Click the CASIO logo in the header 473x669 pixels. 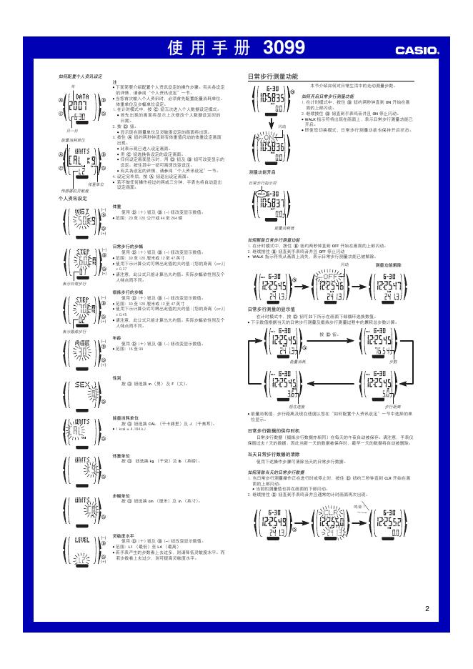pos(417,50)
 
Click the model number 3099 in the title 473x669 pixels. pos(284,49)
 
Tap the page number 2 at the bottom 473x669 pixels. pos(427,609)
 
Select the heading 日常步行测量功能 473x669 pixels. pos(274,76)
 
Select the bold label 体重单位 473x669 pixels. pos(122,455)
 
